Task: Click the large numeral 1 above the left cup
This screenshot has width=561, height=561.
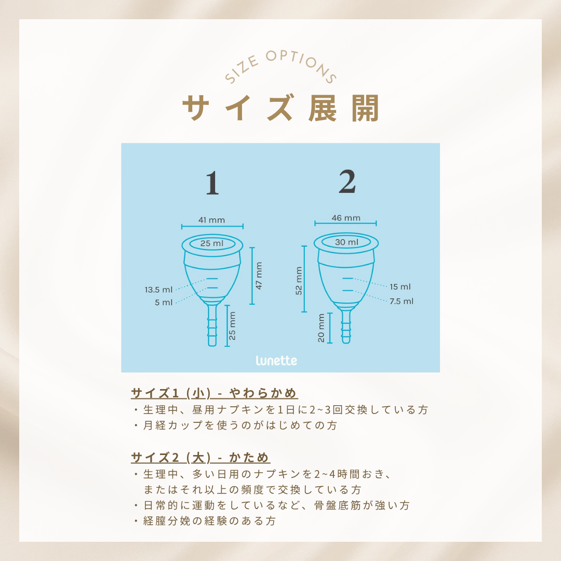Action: click(212, 183)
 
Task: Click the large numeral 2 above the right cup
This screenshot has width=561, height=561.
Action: click(347, 182)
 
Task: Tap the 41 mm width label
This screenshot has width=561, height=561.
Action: click(211, 220)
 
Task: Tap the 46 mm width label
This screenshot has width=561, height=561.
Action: click(345, 218)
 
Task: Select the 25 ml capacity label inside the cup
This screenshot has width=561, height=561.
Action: click(212, 243)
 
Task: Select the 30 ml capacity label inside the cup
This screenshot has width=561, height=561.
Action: click(346, 242)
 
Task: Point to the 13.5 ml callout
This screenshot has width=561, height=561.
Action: click(158, 289)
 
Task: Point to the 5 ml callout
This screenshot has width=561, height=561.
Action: click(164, 302)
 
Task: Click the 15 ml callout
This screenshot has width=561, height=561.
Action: click(400, 287)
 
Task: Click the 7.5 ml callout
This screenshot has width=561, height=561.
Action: click(402, 301)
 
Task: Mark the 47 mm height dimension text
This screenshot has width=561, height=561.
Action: click(259, 275)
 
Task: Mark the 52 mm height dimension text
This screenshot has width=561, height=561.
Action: click(299, 280)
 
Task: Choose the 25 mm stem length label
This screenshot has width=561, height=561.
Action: click(232, 326)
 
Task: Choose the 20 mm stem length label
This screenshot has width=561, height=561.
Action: click(321, 328)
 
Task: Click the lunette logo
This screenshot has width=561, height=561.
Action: click(276, 360)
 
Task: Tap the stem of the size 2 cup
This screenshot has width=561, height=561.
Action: click(345, 326)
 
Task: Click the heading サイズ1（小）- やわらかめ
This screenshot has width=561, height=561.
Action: click(214, 393)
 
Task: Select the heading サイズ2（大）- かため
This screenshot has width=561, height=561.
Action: click(201, 458)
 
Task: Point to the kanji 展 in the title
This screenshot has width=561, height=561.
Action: click(323, 108)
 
